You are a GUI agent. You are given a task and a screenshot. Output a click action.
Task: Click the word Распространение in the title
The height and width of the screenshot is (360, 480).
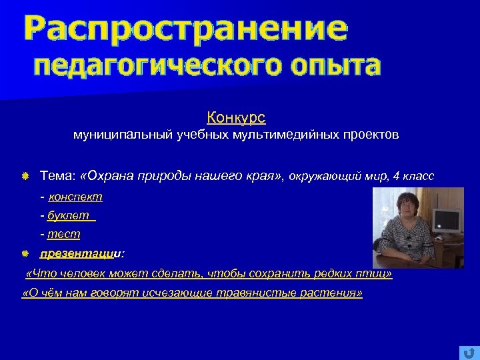click(x=185, y=30)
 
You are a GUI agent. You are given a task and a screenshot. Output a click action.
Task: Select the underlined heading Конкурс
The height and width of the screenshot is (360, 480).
click(x=236, y=118)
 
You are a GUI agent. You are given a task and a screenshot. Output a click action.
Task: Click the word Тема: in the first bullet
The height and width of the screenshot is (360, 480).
click(x=57, y=176)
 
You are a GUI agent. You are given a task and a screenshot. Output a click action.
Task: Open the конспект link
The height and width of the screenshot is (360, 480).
click(x=75, y=197)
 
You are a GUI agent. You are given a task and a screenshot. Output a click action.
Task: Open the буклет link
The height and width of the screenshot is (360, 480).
click(x=70, y=216)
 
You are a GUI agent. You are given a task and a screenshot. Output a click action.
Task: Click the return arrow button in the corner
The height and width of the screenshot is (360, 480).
click(x=469, y=352)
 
